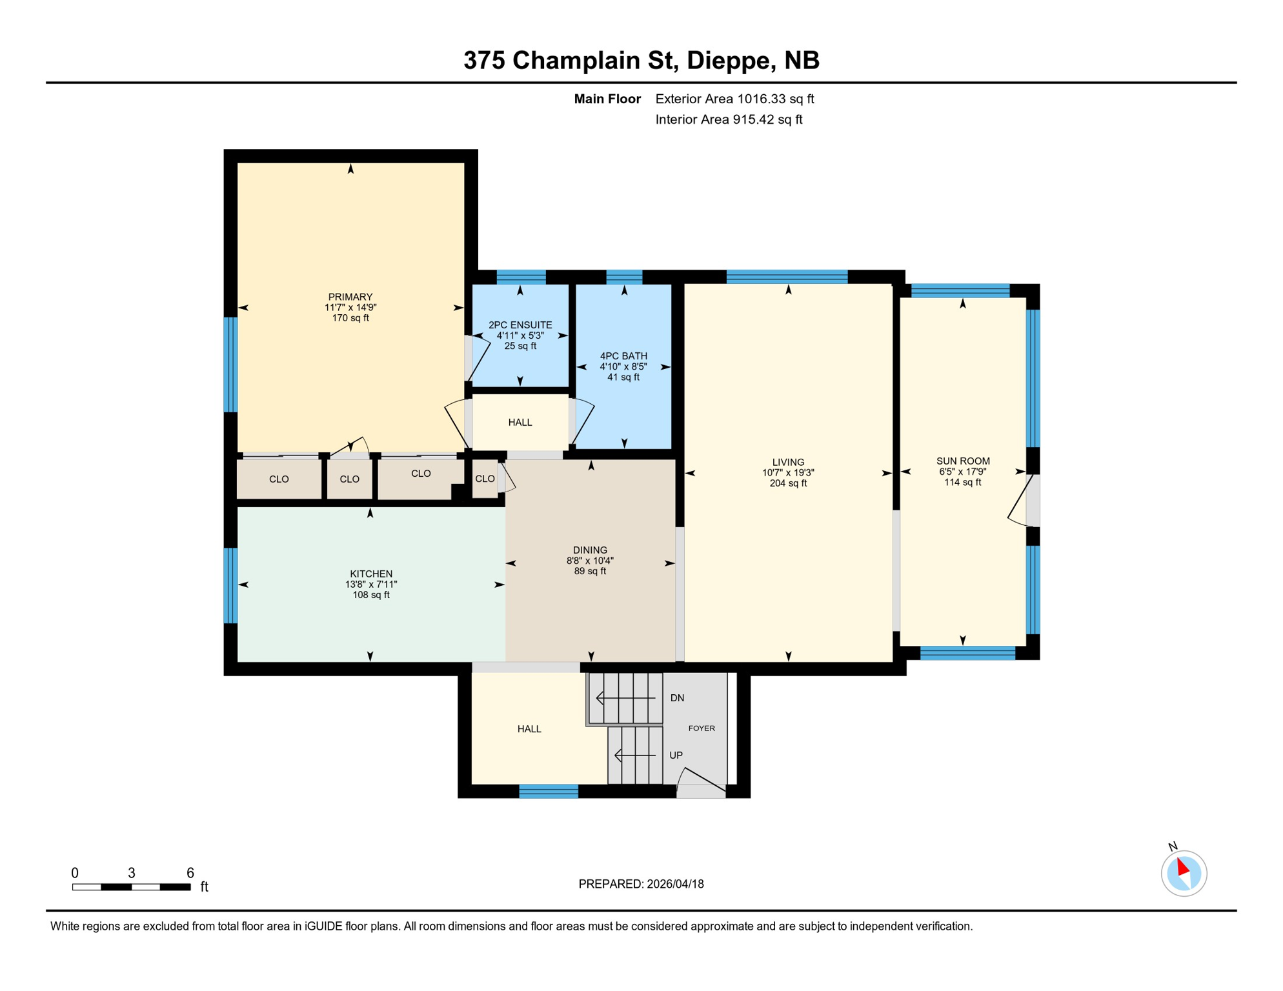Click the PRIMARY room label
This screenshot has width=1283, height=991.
(x=350, y=297)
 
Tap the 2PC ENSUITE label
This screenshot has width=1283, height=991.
(x=520, y=325)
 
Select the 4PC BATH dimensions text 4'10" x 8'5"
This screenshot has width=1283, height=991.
(x=623, y=366)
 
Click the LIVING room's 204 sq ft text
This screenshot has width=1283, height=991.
(x=788, y=483)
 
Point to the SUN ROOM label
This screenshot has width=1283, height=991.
(x=963, y=461)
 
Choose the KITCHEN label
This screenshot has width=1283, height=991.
(x=371, y=574)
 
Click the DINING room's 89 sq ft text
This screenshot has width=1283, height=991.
(x=590, y=571)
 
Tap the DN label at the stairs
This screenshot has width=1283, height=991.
(x=677, y=698)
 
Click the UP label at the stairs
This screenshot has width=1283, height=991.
(x=676, y=755)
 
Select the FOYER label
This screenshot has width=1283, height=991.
(x=702, y=728)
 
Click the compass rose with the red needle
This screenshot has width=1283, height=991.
(x=1184, y=873)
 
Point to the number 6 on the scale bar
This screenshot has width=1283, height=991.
(x=190, y=873)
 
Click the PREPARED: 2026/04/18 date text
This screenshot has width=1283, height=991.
(x=641, y=884)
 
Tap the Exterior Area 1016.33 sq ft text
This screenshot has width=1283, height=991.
(x=734, y=99)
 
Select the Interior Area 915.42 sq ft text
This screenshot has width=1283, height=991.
(x=729, y=119)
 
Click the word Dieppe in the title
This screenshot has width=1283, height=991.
(x=731, y=60)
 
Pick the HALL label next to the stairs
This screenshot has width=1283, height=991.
(x=529, y=729)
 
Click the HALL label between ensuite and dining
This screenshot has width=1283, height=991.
(x=520, y=423)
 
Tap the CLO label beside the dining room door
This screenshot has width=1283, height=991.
(x=485, y=479)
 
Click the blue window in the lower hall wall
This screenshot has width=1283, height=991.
(x=549, y=791)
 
